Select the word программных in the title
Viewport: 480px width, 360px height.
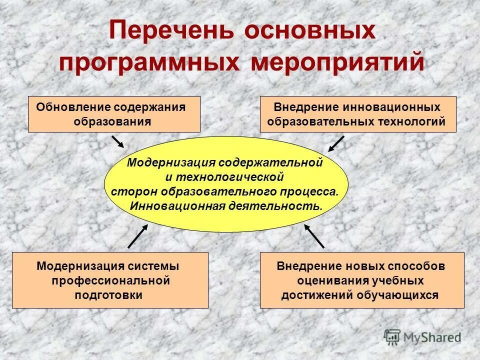pyautogui.click(x=148, y=63)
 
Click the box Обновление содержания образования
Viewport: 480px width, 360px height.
pyautogui.click(x=114, y=114)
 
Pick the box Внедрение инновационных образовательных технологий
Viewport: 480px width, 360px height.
pyautogui.click(x=358, y=114)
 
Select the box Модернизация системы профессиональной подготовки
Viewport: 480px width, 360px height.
pyautogui.click(x=110, y=280)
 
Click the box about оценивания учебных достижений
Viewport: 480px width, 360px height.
pyautogui.click(x=362, y=280)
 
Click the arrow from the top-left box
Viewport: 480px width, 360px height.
pyautogui.click(x=117, y=141)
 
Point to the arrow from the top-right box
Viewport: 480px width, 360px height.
pyautogui.click(x=336, y=143)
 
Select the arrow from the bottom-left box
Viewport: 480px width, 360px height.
pyautogui.click(x=137, y=236)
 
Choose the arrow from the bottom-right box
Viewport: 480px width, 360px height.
pyautogui.click(x=314, y=236)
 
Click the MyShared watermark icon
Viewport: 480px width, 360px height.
pyautogui.click(x=392, y=336)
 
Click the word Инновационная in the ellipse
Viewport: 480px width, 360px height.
pyautogui.click(x=176, y=205)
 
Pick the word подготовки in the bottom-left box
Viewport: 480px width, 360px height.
pyautogui.click(x=108, y=294)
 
